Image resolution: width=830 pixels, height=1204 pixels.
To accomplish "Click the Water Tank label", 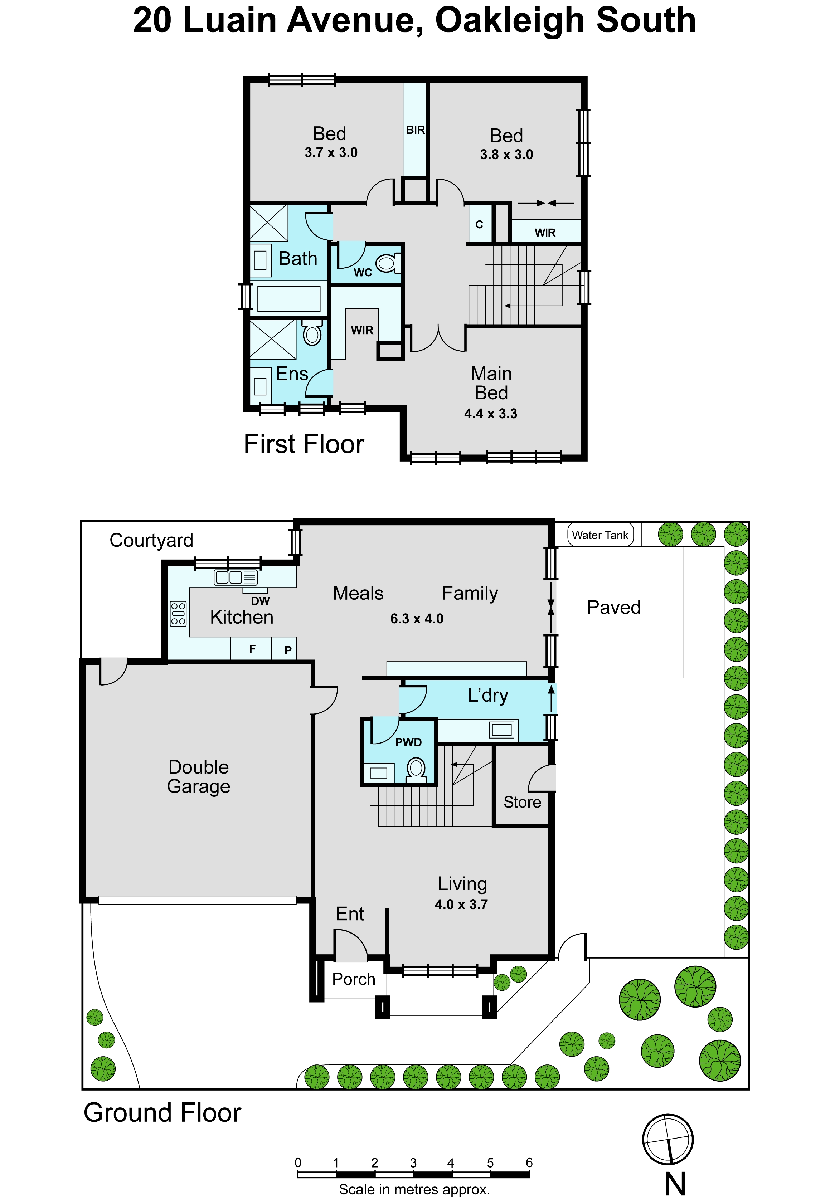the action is pyautogui.click(x=600, y=535).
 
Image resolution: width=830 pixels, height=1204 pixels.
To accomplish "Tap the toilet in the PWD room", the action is pyautogui.click(x=417, y=770).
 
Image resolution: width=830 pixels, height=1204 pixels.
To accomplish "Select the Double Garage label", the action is pyautogui.click(x=199, y=777).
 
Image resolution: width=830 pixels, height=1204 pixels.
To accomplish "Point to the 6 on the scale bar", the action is pyautogui.click(x=529, y=1162).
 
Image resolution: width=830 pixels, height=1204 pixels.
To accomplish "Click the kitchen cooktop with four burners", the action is pyautogui.click(x=178, y=613).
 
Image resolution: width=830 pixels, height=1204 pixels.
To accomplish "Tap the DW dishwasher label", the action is pyautogui.click(x=261, y=601).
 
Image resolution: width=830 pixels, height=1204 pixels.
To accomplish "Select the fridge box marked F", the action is pyautogui.click(x=251, y=648).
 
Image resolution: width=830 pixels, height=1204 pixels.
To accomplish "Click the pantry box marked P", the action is pyautogui.click(x=284, y=649).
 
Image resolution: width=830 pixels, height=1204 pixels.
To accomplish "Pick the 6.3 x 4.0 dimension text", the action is pyautogui.click(x=417, y=619).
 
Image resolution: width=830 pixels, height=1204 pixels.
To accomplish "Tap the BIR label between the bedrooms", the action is pyautogui.click(x=416, y=130).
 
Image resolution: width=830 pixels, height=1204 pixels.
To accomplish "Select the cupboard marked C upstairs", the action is pyautogui.click(x=480, y=224).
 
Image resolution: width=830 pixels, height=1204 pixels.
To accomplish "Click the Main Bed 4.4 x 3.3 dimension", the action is pyautogui.click(x=491, y=414).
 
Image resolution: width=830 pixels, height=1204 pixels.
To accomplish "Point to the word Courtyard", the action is pyautogui.click(x=151, y=541).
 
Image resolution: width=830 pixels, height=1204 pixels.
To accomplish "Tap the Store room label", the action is pyautogui.click(x=522, y=802).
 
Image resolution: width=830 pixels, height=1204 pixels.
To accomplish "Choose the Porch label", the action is pyautogui.click(x=354, y=979).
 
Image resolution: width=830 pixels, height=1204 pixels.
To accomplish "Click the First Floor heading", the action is pyautogui.click(x=304, y=444).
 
